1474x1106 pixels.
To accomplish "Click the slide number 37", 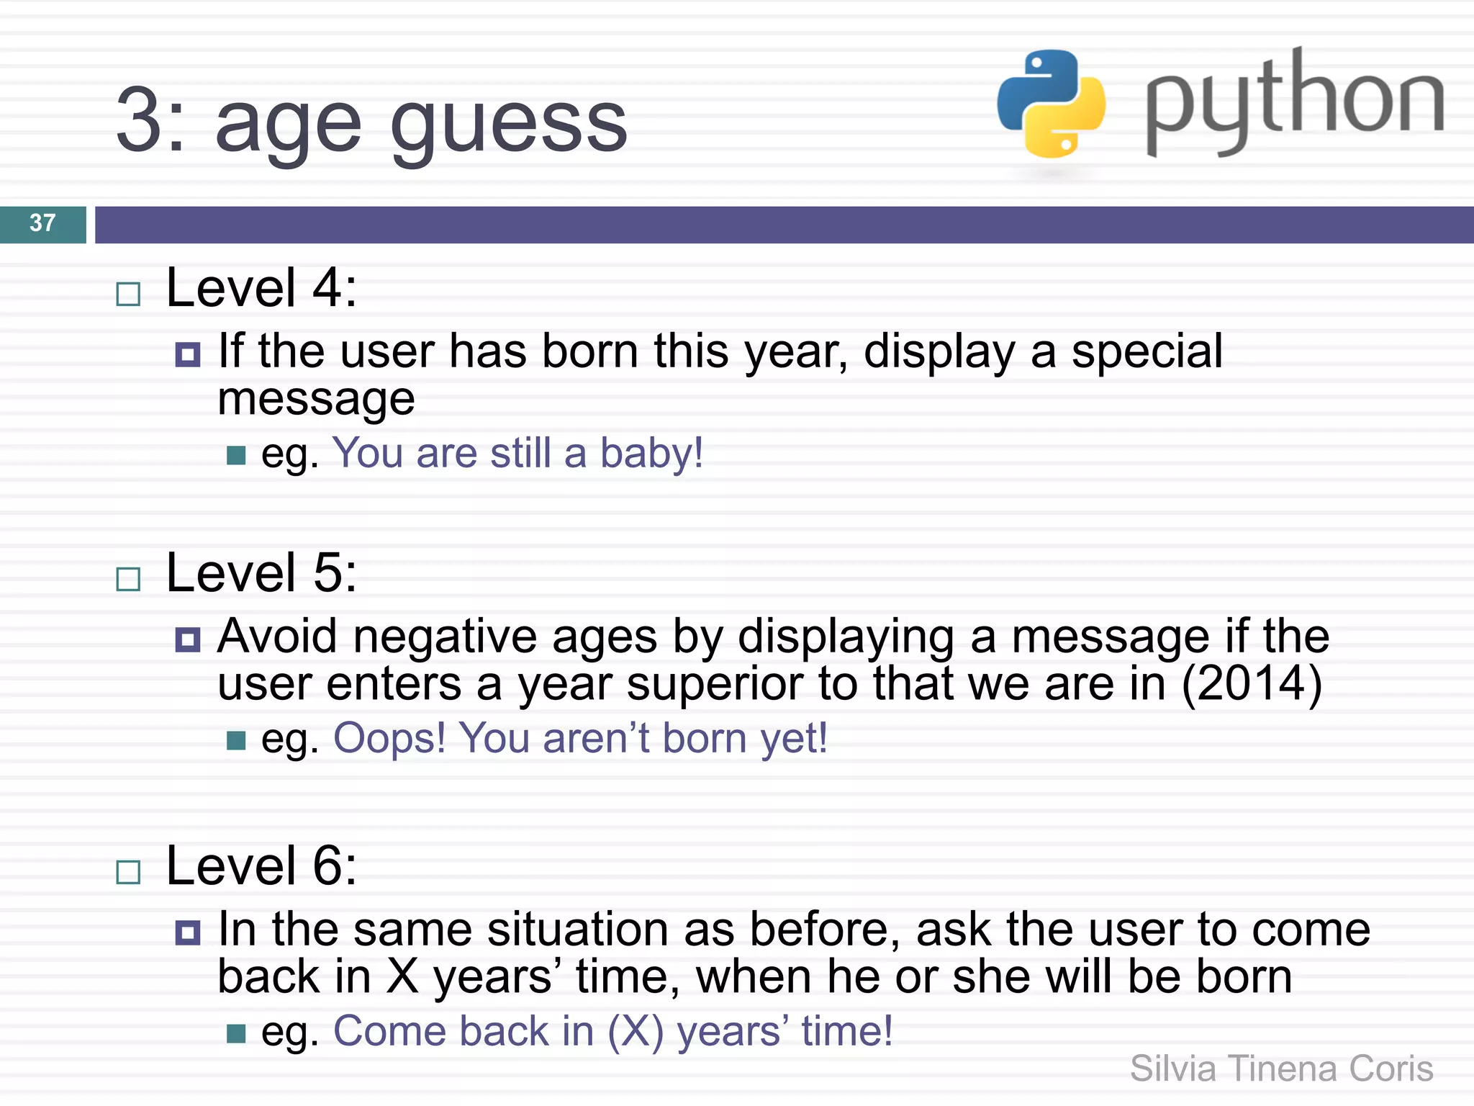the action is [x=42, y=223].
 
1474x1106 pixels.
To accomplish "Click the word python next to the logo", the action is [x=1294, y=101].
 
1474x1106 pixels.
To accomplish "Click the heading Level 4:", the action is [x=261, y=288].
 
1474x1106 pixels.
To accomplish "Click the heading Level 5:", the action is [x=261, y=573].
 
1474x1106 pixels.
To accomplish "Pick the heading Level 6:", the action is [x=261, y=866].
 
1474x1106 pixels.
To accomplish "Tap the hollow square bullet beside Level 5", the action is [x=128, y=579].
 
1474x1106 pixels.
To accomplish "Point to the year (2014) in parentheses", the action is [x=1252, y=683].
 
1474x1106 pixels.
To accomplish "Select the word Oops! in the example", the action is [x=389, y=739].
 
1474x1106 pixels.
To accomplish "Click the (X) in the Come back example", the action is [x=635, y=1032].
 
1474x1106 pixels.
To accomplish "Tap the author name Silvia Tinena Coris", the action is [x=1281, y=1069].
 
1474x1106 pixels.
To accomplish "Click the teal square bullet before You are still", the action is [x=236, y=456].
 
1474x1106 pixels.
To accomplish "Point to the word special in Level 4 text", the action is [x=1147, y=352].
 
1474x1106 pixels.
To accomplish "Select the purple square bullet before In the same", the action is [x=188, y=933].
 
